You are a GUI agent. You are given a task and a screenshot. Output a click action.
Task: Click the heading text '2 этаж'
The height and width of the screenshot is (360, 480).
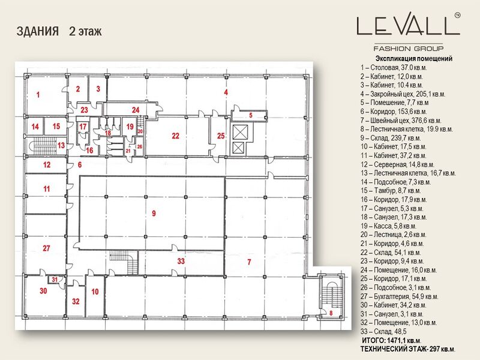[85, 31]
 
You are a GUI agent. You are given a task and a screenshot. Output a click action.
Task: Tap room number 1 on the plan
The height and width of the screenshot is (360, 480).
[37, 95]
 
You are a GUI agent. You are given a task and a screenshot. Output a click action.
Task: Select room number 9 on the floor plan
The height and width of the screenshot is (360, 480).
[154, 214]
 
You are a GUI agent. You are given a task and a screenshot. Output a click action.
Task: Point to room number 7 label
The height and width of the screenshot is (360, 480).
[248, 263]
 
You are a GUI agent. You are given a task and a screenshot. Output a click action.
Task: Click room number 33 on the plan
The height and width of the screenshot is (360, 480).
[181, 261]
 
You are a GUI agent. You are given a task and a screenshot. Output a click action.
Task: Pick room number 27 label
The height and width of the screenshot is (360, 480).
[46, 248]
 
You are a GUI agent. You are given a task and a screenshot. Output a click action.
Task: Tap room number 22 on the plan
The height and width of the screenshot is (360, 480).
[175, 136]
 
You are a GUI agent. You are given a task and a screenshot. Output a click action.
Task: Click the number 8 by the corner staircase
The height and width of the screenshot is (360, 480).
[330, 313]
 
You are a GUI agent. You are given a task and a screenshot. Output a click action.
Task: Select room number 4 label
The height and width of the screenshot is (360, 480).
[226, 92]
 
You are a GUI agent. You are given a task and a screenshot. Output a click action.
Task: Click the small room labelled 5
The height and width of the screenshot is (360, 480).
[244, 114]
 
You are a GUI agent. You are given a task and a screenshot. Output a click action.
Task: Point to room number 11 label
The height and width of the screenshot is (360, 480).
[46, 188]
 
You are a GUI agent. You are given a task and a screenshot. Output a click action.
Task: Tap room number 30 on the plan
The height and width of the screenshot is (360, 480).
[43, 291]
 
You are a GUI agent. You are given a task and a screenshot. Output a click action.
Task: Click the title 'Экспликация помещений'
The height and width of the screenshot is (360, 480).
[413, 59]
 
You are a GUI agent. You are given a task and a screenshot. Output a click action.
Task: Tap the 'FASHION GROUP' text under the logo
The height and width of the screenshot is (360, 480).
[408, 48]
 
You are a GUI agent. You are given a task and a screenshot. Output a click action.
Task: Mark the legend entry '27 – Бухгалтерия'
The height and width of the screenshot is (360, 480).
[399, 296]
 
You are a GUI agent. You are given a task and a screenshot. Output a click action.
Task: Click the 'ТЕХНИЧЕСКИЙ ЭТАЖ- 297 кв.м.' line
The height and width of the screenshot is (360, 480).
[407, 349]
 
